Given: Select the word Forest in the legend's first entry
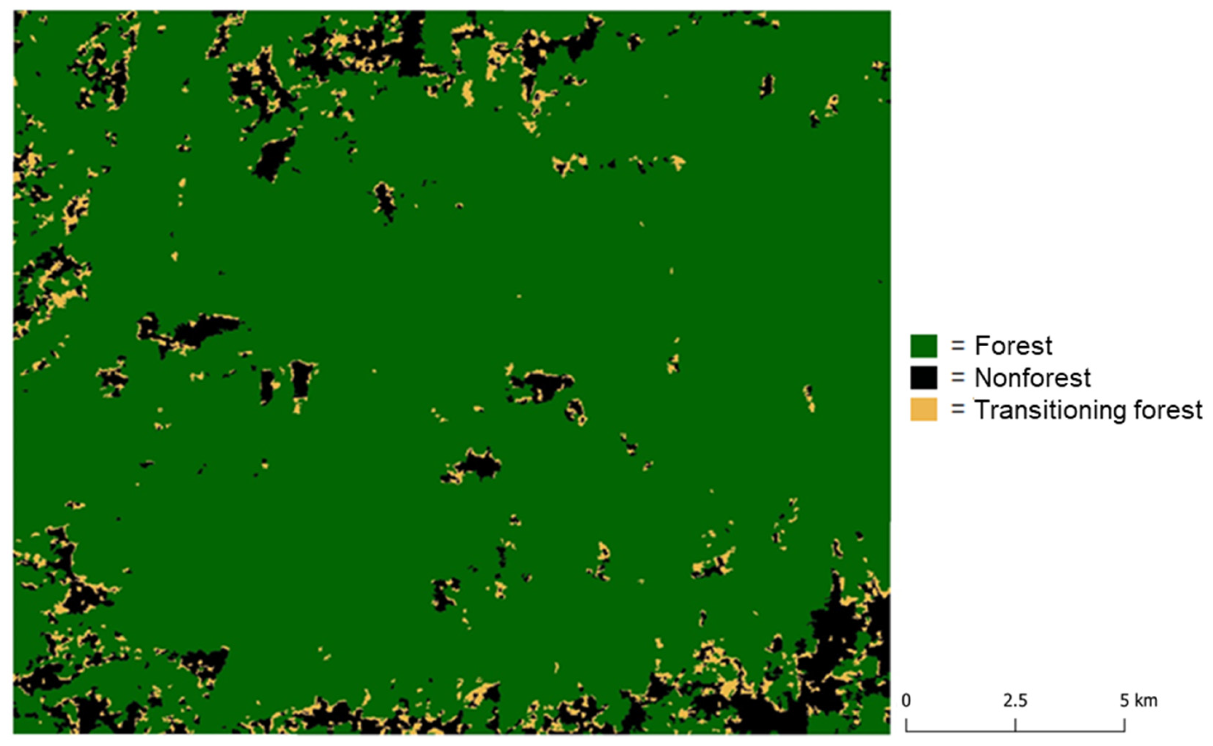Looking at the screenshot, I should click(1013, 346).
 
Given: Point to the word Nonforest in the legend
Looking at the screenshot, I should click(1032, 378).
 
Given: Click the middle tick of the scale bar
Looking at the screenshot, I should click(1015, 725).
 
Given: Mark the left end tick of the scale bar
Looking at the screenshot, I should click(906, 725).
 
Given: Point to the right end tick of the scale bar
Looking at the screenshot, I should click(1125, 725).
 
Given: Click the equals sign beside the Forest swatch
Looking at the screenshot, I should click(958, 346).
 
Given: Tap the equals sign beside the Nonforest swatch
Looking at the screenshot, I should click(958, 378).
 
